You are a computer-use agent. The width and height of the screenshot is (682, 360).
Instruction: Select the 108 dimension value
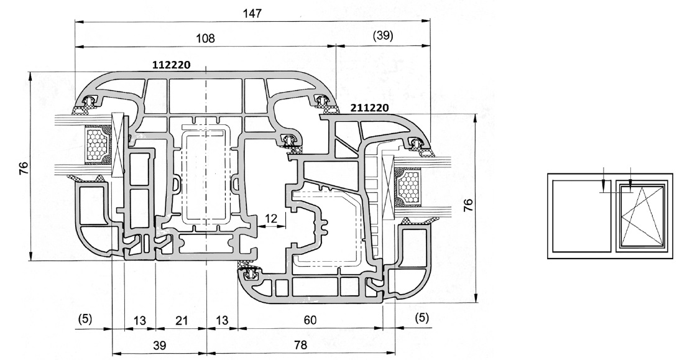pyautogui.click(x=205, y=38)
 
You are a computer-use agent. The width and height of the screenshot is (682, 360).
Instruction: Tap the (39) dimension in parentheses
pyautogui.click(x=382, y=36)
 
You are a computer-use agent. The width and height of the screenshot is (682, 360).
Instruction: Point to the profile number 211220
pyautogui.click(x=370, y=108)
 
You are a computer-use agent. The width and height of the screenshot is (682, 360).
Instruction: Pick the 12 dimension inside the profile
pyautogui.click(x=271, y=218)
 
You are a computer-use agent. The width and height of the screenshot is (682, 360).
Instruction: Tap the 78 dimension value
pyautogui.click(x=300, y=345)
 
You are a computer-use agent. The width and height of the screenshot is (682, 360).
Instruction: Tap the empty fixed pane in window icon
pyautogui.click(x=581, y=215)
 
